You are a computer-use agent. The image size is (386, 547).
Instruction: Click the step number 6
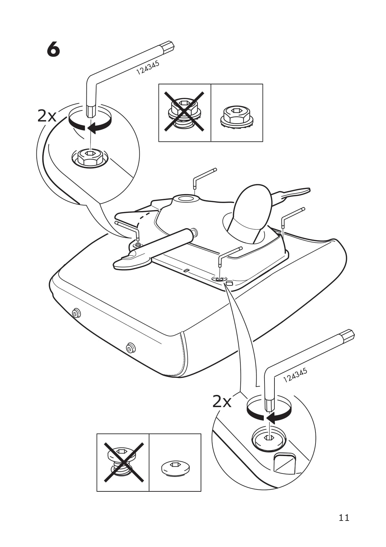(x=54, y=50)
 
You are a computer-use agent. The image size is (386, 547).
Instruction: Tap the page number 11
(x=344, y=518)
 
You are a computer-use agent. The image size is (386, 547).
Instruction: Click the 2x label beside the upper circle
(x=47, y=116)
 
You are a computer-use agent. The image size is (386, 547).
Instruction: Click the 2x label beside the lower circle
(x=222, y=401)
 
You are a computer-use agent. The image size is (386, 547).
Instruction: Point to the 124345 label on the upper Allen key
(x=148, y=67)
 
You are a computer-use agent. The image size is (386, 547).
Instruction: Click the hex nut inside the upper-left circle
(x=90, y=157)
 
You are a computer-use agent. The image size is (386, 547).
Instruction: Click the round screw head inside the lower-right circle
(x=268, y=439)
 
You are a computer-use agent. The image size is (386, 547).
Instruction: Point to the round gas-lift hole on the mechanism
(x=186, y=199)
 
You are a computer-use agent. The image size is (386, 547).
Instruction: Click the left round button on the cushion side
(x=77, y=312)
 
